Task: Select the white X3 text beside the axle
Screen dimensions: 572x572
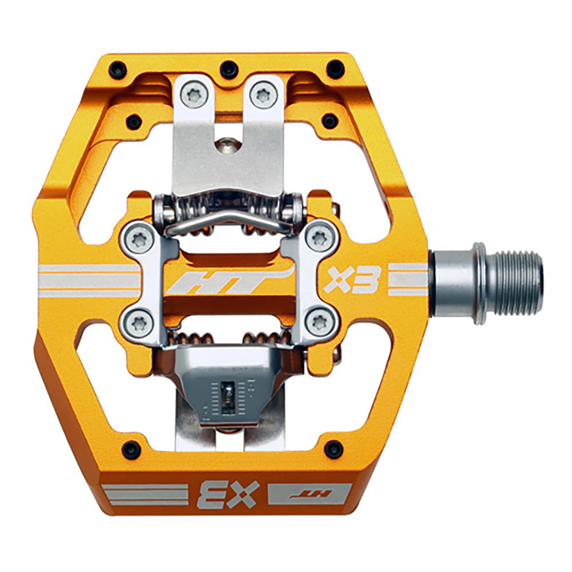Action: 353,279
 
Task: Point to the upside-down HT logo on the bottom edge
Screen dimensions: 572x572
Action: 309,493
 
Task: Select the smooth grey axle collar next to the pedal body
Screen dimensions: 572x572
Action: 452,282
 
